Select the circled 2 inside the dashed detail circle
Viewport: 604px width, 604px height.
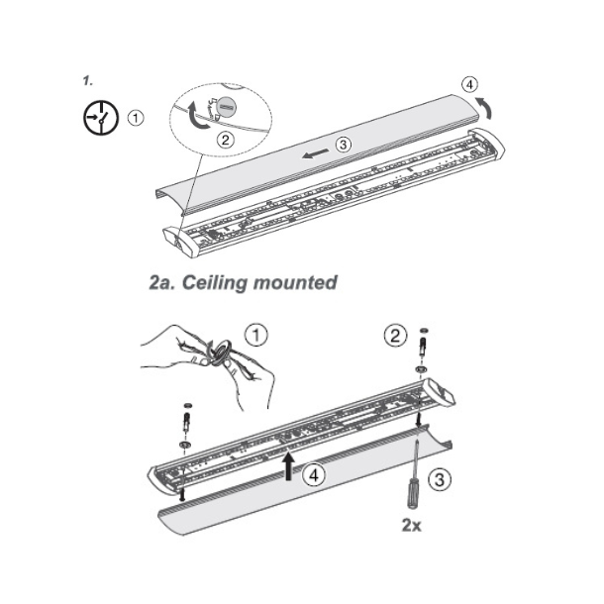[226, 140]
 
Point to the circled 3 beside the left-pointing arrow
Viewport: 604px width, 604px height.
[343, 145]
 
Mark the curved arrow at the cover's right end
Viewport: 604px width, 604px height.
[481, 107]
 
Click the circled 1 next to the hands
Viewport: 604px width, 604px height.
[255, 336]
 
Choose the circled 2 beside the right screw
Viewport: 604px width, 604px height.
[396, 336]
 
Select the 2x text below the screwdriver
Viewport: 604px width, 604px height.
[410, 525]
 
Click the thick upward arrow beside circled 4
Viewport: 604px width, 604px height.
[288, 464]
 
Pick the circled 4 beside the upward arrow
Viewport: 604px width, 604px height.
[314, 474]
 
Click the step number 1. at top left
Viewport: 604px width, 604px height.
[88, 78]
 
